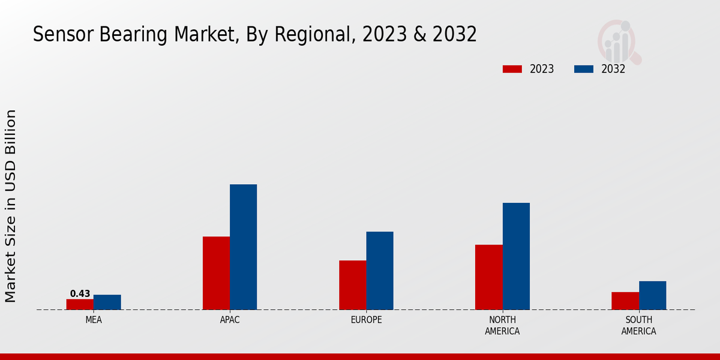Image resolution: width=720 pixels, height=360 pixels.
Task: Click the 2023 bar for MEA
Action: point(80,304)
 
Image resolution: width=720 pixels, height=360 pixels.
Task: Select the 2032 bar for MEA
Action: point(107,302)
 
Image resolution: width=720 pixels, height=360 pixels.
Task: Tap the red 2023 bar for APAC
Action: point(216,273)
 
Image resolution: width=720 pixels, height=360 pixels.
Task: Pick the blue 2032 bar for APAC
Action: point(243,247)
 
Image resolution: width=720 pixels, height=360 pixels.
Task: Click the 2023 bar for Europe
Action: point(352,285)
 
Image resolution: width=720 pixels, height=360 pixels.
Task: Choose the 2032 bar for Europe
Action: point(380,271)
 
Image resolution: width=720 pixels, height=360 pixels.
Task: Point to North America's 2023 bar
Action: point(488,277)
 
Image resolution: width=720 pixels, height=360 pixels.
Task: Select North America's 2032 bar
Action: point(516,256)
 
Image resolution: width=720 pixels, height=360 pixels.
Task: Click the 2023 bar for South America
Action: point(625,301)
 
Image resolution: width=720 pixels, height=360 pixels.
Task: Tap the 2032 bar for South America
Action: point(652,295)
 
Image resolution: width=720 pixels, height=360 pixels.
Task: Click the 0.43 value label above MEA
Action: point(80,294)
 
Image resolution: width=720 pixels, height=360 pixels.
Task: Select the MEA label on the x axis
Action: point(94,320)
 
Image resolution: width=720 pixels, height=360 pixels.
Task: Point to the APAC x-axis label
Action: point(230,320)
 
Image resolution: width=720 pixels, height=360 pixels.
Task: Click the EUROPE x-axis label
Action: point(366,320)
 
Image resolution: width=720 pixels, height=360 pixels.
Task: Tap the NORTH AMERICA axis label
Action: point(502,325)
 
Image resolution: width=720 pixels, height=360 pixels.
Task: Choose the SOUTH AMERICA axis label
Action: point(638,325)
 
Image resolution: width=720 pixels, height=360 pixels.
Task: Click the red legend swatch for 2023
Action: point(512,69)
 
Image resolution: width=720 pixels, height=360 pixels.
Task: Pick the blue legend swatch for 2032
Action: point(584,69)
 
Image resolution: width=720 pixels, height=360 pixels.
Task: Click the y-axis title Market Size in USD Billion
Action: point(11,206)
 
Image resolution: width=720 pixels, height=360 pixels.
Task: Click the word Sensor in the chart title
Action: point(59,35)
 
